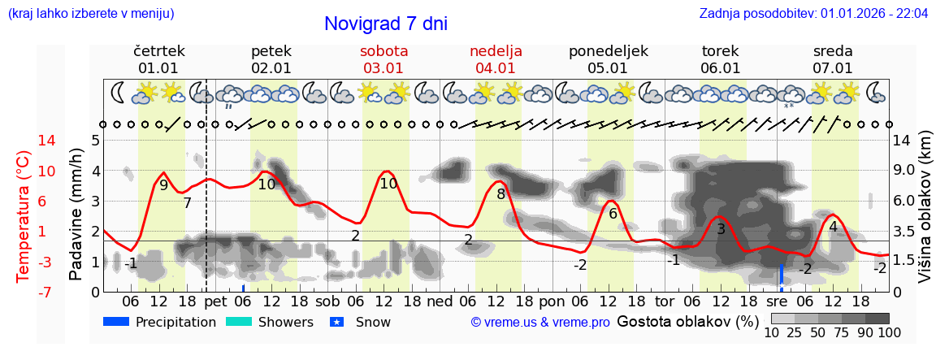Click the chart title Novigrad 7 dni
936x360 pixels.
point(385,24)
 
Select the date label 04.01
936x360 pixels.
point(496,68)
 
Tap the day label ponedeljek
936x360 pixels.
point(608,50)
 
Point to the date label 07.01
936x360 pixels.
point(833,68)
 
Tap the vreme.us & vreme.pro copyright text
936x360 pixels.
point(540,322)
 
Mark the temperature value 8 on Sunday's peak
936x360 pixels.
point(501,194)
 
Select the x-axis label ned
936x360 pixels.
point(440,301)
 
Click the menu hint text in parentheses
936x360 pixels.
point(90,14)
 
